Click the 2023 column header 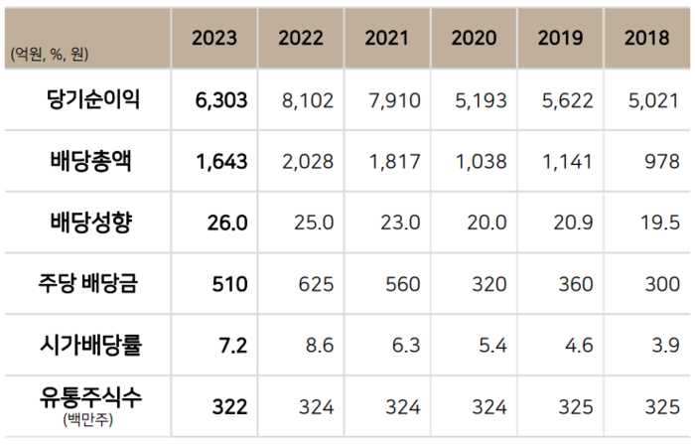214,39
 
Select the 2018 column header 646,39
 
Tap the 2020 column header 474,39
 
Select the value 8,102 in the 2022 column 309,100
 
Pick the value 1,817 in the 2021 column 394,162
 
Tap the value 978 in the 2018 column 661,162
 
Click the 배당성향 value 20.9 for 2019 574,223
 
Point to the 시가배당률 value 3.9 666,345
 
